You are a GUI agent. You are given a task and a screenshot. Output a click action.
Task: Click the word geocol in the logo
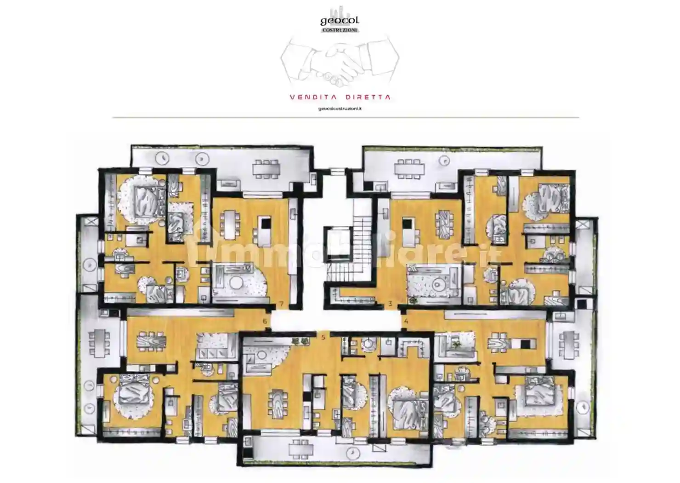tap(340, 20)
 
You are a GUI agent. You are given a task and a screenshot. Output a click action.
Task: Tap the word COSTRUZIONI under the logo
tap(340, 30)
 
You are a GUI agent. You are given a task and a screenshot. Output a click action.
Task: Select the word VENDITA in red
tap(312, 97)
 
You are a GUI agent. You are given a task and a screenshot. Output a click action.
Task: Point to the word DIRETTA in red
tap(368, 97)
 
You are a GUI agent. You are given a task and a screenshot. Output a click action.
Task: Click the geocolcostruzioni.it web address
tap(340, 109)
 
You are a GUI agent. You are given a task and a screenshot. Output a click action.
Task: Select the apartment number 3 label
tap(391, 303)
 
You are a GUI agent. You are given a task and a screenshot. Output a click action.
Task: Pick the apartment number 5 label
tap(323, 337)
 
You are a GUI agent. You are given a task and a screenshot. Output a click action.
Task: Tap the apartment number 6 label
tap(265, 321)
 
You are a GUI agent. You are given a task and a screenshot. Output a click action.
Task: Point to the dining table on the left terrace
tap(99, 342)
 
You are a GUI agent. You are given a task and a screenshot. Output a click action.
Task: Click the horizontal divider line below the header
tap(346, 117)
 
